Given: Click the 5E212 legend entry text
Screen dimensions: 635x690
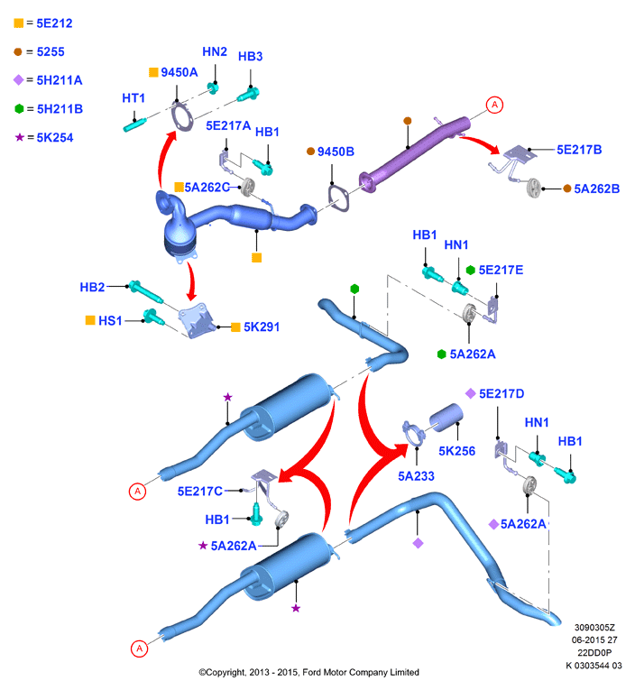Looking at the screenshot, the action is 54,23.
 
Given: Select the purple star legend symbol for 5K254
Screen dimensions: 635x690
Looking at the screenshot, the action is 19,137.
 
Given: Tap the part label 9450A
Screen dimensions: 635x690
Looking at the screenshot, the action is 179,72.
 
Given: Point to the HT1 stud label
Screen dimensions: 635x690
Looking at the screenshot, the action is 133,97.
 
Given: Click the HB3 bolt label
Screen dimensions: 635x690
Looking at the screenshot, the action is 251,56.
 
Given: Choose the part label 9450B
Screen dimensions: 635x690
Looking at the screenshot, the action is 336,152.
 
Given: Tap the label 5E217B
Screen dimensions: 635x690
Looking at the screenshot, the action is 579,150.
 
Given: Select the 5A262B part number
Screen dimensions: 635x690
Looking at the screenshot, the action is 597,189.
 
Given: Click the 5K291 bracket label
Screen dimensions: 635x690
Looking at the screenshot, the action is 262,327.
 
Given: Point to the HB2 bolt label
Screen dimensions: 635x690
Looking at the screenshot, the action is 92,288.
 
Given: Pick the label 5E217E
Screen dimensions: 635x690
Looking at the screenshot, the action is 501,271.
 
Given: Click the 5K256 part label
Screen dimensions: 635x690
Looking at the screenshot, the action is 456,451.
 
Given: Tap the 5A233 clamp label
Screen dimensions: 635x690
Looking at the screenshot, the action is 416,476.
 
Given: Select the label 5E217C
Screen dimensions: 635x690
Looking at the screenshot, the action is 199,491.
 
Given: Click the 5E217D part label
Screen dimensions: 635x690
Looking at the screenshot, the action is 502,394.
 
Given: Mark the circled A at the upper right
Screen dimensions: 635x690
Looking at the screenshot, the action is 494,105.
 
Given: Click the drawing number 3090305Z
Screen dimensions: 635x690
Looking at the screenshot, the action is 594,628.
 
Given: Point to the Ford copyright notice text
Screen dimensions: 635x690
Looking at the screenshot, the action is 308,672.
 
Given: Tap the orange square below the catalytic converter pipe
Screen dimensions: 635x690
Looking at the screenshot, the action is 256,258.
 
